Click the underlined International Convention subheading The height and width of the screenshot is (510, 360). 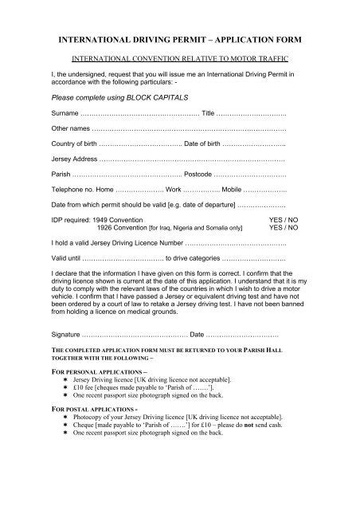point(179,59)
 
